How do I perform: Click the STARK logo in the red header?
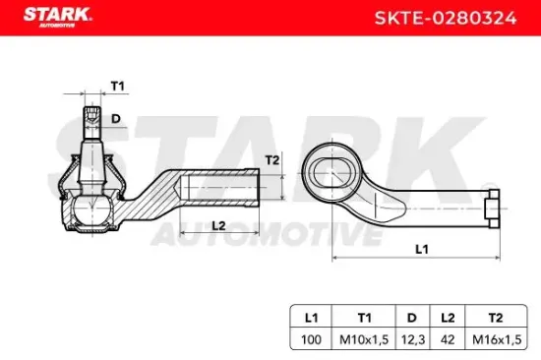57,17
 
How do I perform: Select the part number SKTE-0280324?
446,18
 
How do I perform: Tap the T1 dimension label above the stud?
118,86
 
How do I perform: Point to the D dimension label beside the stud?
116,119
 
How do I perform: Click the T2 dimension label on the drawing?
271,160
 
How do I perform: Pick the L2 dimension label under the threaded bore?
218,225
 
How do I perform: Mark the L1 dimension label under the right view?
422,249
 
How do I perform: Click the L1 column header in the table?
311,318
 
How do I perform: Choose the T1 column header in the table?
364,318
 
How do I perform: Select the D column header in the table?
412,318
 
